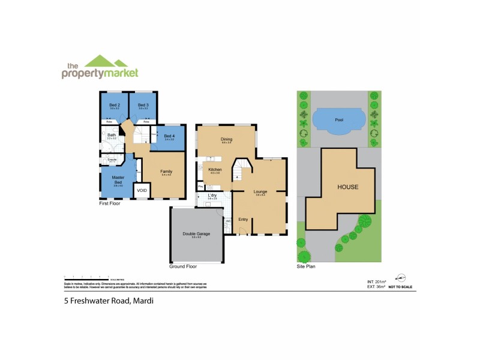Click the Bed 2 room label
tap(113, 105)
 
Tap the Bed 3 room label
tap(143, 105)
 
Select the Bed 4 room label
tap(169, 136)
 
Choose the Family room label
tap(166, 172)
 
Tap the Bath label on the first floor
tap(112, 135)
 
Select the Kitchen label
tap(215, 170)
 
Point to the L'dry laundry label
tap(212, 196)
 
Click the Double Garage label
tap(196, 234)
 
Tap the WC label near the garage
tap(228, 221)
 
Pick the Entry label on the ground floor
tap(243, 219)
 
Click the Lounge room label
tap(260, 191)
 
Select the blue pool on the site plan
tap(339, 120)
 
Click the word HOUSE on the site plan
tap(347, 187)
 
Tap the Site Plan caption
tap(306, 266)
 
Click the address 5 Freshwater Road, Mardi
tap(109, 301)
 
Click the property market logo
tap(100, 67)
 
